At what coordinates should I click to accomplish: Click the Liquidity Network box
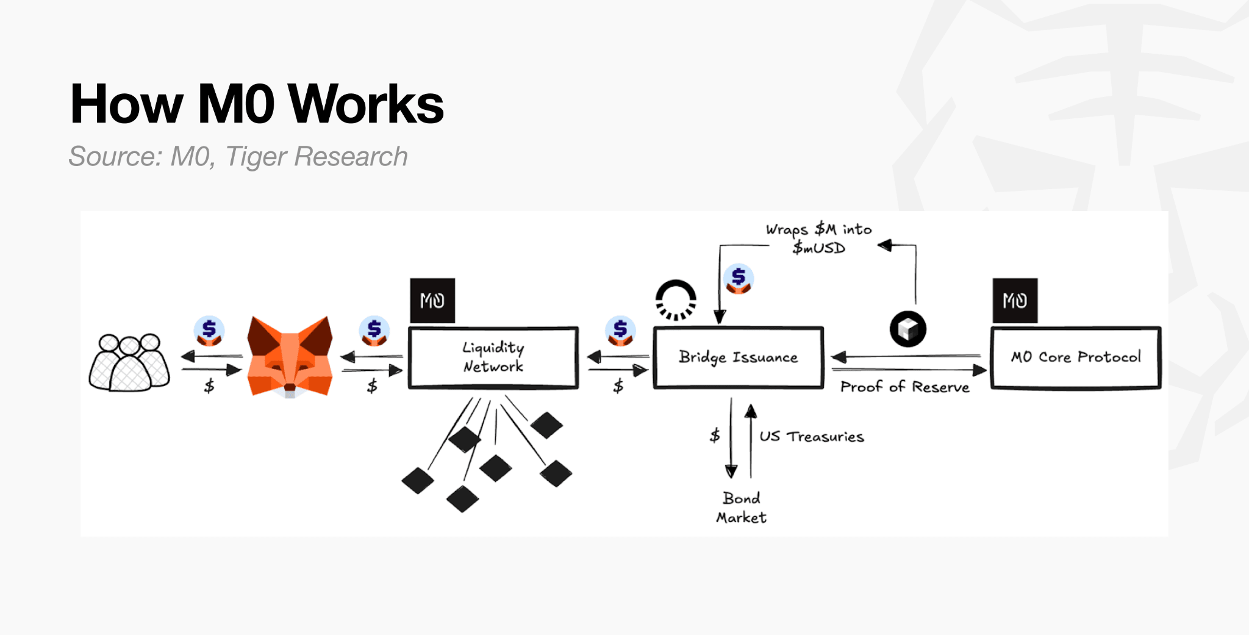[x=493, y=357]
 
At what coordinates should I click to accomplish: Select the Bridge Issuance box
[x=738, y=357]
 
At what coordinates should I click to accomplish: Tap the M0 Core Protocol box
[x=1076, y=357]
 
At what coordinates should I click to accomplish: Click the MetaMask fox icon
[x=290, y=357]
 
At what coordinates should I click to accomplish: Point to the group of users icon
[x=129, y=362]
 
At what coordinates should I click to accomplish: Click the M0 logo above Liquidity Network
[x=432, y=301]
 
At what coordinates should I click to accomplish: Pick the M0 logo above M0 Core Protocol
[x=1015, y=301]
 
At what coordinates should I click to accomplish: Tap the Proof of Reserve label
[x=904, y=387]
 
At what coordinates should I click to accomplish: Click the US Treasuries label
[x=811, y=437]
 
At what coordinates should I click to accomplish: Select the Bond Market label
[x=741, y=508]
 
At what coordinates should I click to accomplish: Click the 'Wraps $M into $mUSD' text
[x=818, y=239]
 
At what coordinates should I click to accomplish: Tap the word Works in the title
[x=365, y=104]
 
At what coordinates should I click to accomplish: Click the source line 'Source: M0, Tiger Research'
[x=238, y=157]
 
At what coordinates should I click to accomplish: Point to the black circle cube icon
[x=907, y=329]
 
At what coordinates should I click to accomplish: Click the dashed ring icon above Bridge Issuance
[x=676, y=300]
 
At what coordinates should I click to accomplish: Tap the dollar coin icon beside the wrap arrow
[x=739, y=279]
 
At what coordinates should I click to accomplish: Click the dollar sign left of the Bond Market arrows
[x=715, y=436]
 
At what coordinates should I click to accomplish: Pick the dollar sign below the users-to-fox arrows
[x=209, y=386]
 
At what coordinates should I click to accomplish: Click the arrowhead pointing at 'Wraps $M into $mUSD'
[x=884, y=245]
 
